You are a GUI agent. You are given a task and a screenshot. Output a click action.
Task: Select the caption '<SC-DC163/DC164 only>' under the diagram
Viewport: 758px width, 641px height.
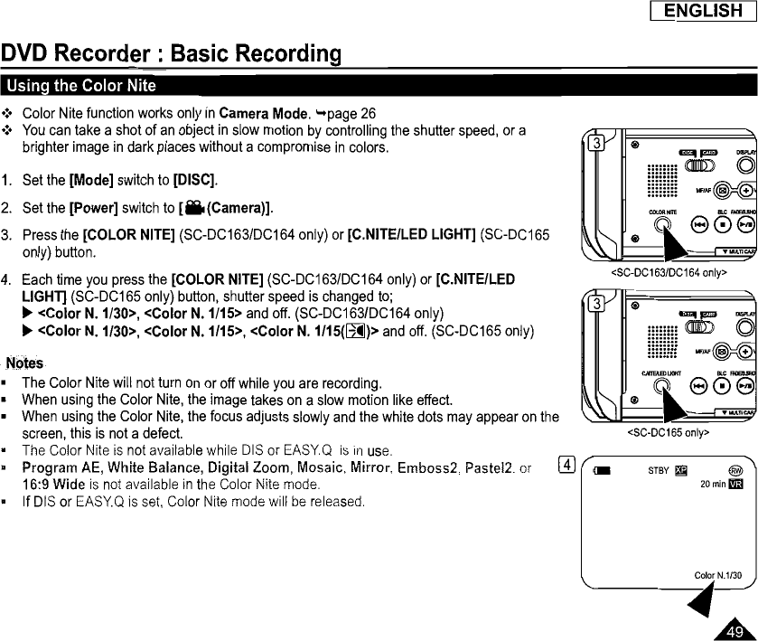(x=669, y=270)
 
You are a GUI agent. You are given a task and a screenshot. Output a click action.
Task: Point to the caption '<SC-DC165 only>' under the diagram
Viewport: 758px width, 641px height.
(x=669, y=432)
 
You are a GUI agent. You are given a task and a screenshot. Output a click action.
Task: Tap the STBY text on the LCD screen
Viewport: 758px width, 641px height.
(x=659, y=470)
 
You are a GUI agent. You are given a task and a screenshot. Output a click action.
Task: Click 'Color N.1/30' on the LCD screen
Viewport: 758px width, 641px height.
(x=717, y=576)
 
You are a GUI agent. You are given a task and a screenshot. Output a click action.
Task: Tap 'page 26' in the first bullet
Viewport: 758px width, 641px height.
(x=351, y=114)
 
